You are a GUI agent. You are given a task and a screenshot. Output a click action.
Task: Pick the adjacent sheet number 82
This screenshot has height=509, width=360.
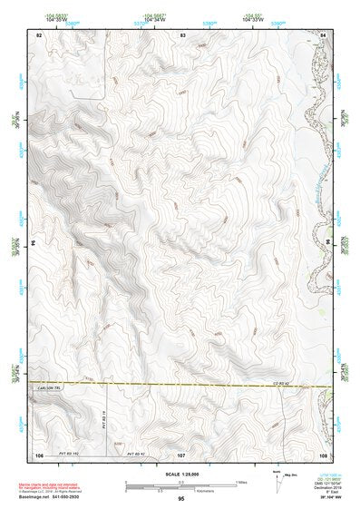[39, 34]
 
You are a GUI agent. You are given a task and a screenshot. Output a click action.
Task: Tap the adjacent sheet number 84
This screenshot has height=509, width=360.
[323, 34]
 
